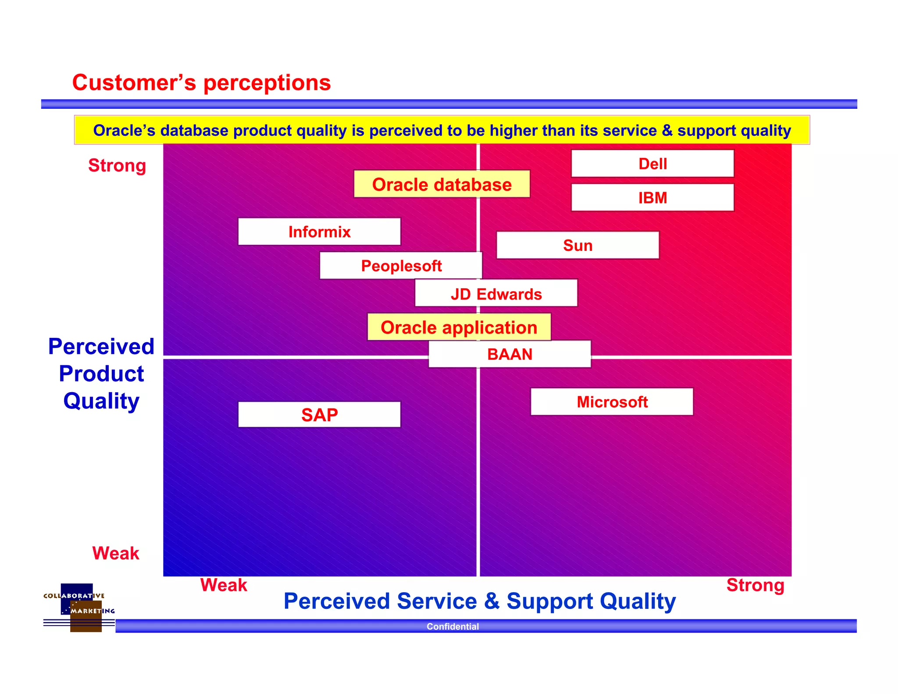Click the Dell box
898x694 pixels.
[x=652, y=164]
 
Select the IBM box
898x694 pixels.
[x=652, y=198]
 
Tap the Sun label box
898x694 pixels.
[x=577, y=245]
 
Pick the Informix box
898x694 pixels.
[x=319, y=232]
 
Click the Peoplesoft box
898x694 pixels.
[x=401, y=266]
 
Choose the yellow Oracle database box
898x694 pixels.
[x=442, y=184]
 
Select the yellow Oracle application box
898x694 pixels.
[x=459, y=327]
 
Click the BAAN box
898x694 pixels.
[x=510, y=354]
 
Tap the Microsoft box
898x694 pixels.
[x=612, y=402]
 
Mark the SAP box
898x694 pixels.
[x=319, y=415]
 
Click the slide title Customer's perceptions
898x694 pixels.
[x=201, y=82]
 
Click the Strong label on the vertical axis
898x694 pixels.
[x=117, y=165]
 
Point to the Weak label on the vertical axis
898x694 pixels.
[x=115, y=553]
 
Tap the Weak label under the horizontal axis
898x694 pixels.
[x=224, y=585]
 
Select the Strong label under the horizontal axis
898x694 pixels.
[x=755, y=585]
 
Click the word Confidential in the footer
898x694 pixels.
[x=453, y=626]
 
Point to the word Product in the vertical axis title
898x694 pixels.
[x=101, y=374]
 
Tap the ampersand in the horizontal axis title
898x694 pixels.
[x=492, y=601]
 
